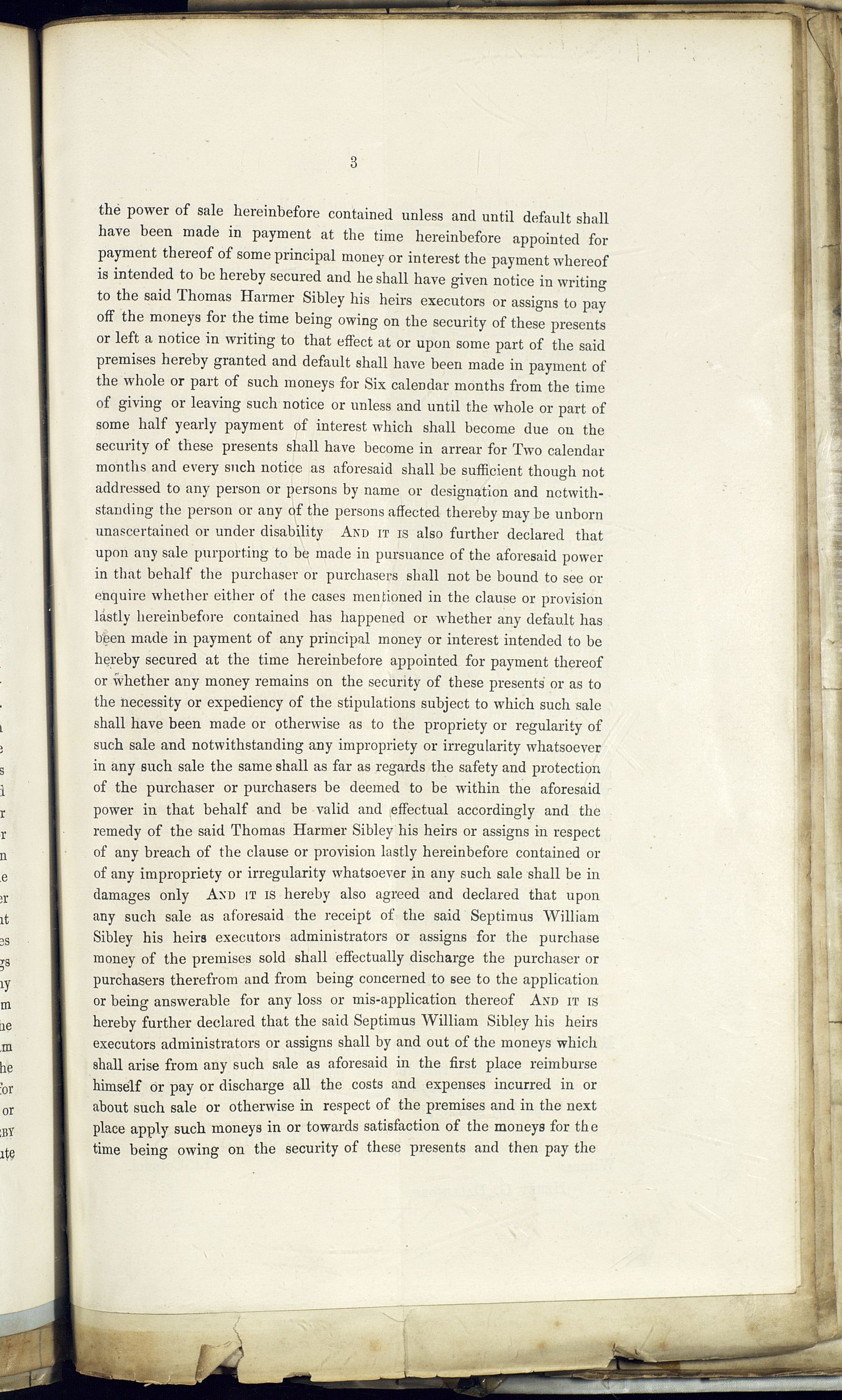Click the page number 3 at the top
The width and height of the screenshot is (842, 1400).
pos(353,163)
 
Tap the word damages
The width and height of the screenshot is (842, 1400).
pos(122,895)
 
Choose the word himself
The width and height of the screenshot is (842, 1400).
pos(117,1085)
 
